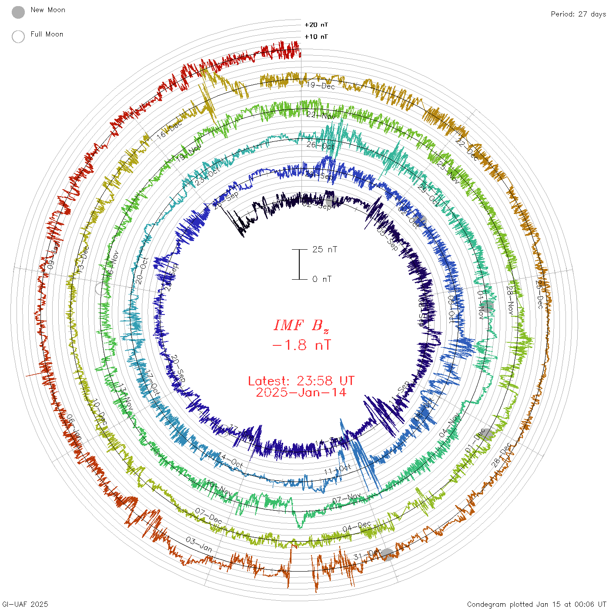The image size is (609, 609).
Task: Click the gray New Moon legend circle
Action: [x=18, y=12]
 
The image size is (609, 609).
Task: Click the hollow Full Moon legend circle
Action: [x=18, y=37]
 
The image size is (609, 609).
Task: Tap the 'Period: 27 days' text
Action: [x=578, y=14]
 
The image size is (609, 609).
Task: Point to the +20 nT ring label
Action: [x=316, y=25]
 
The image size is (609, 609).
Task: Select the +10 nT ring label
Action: [x=316, y=37]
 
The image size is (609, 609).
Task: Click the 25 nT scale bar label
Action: [x=325, y=249]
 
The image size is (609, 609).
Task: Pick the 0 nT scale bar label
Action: [x=322, y=279]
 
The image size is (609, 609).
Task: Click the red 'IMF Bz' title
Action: [x=301, y=325]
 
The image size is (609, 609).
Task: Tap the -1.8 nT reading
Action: [x=301, y=345]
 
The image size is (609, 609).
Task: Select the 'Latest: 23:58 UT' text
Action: [x=301, y=381]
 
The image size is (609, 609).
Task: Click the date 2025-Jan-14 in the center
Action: [x=301, y=392]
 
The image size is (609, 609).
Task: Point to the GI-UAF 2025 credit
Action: [x=25, y=604]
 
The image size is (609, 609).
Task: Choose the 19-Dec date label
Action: [x=321, y=85]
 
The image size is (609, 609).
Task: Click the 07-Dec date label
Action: [x=208, y=515]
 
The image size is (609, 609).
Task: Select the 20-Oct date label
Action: [x=142, y=271]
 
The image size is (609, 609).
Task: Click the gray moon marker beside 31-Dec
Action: [x=387, y=555]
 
